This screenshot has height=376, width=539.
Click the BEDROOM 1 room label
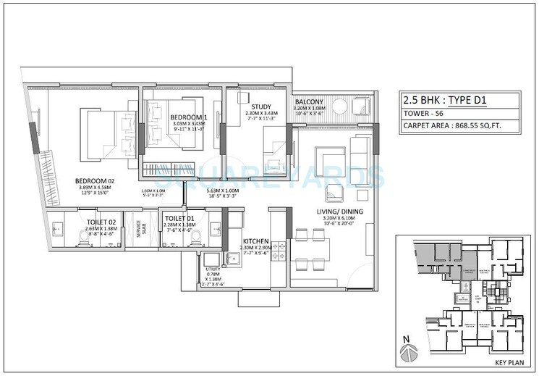click(189, 117)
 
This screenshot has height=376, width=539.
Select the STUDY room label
click(256, 106)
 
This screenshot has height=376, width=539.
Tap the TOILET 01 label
click(180, 218)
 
